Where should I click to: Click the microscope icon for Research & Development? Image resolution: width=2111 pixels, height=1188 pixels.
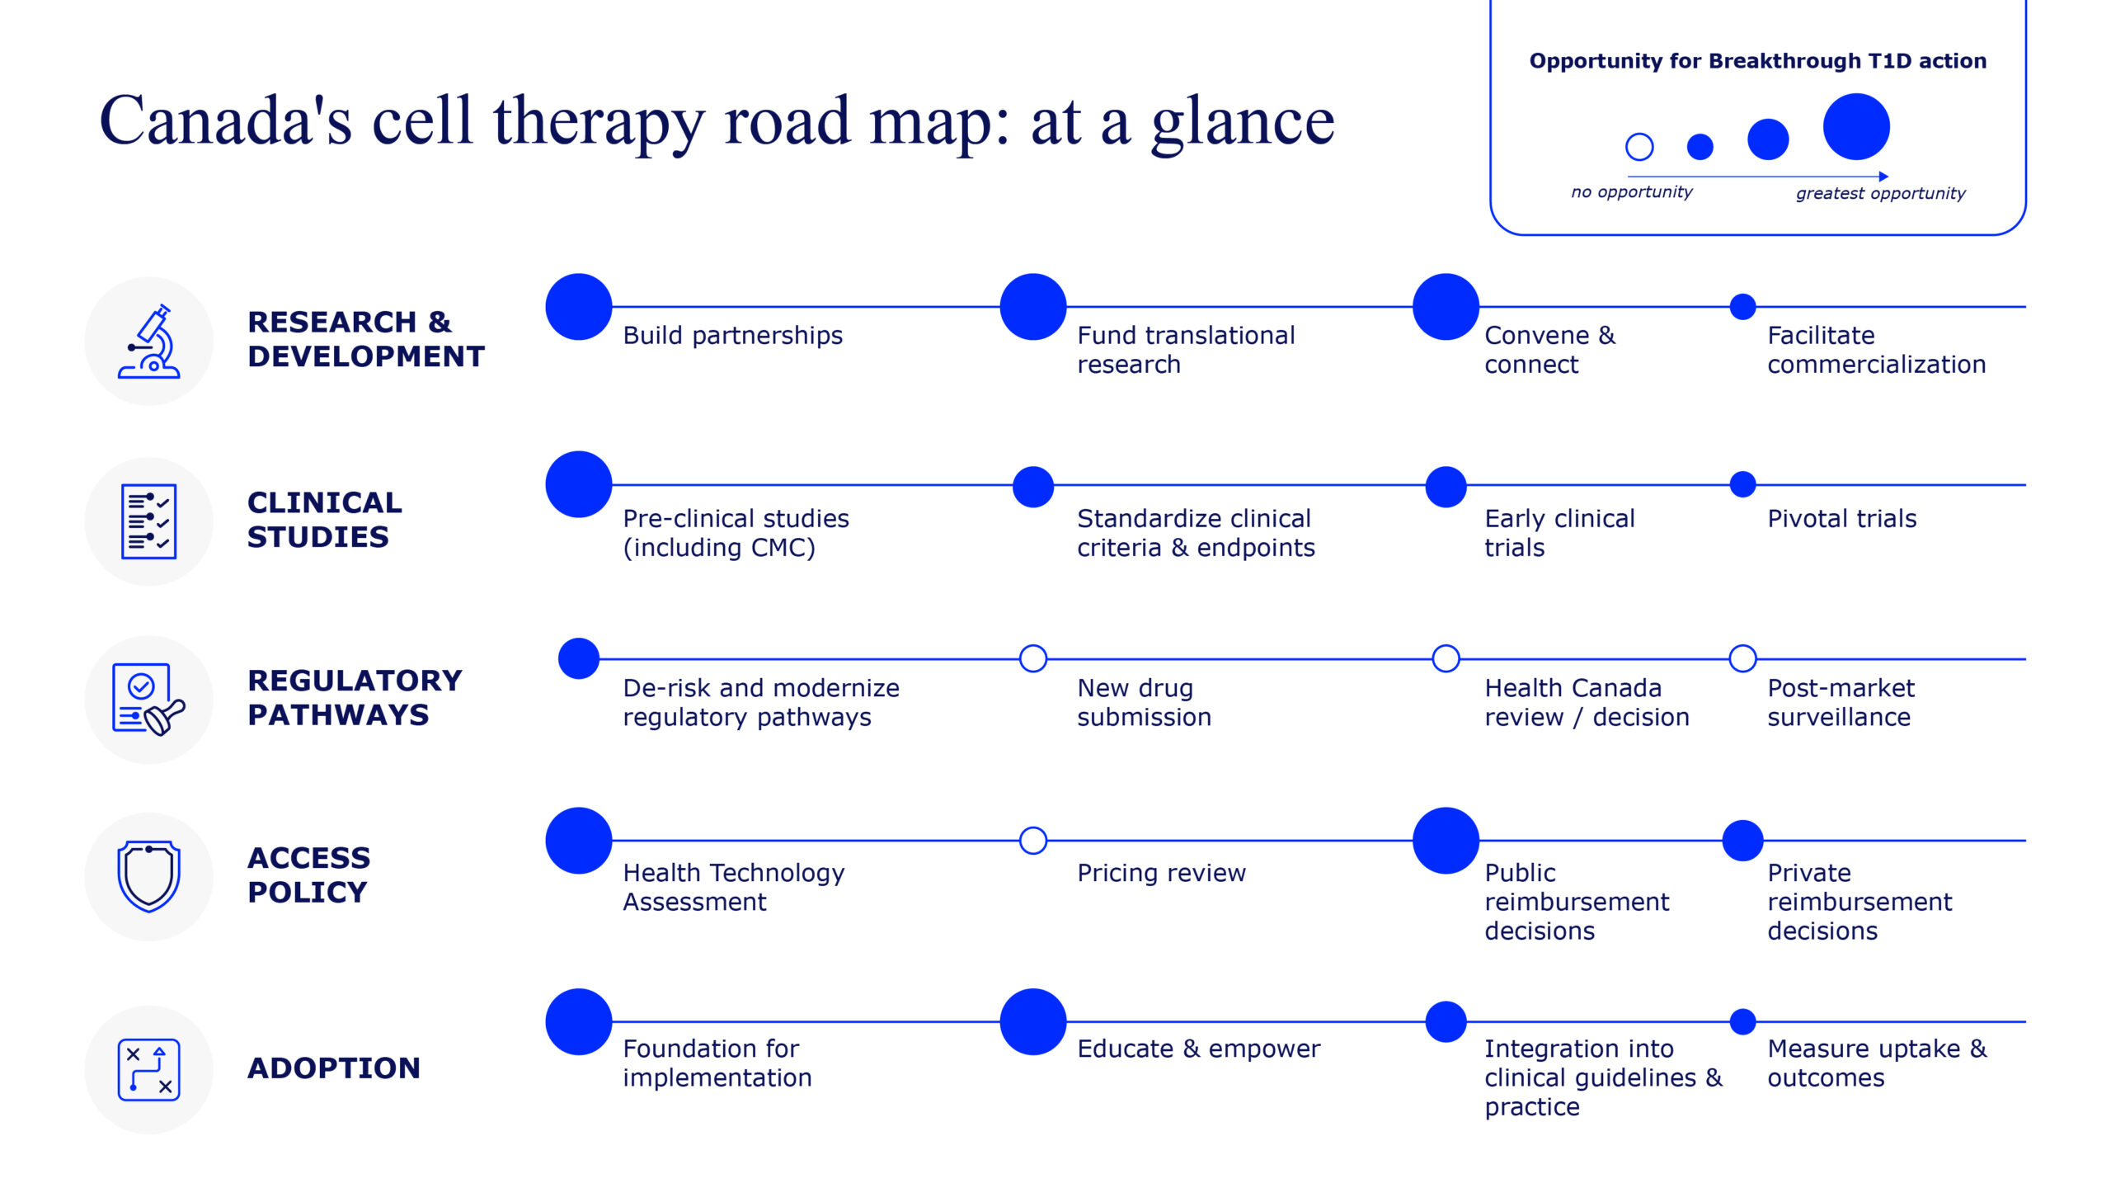[x=149, y=342]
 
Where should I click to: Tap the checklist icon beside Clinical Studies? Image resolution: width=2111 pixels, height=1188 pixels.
[x=149, y=521]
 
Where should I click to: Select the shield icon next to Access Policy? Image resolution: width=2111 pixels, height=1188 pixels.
[x=149, y=876]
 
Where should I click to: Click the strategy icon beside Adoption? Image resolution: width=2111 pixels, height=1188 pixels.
[x=149, y=1069]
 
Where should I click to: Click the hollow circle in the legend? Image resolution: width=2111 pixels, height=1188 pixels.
[x=1639, y=147]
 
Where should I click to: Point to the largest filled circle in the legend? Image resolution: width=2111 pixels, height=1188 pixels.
[x=1856, y=127]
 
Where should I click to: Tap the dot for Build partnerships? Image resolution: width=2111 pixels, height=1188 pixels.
[x=579, y=307]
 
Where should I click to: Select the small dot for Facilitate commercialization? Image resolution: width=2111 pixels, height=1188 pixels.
[x=1742, y=307]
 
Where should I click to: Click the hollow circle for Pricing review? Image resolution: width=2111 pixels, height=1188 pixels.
[x=1033, y=841]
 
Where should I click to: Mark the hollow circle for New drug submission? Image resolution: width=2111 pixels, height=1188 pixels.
[x=1033, y=658]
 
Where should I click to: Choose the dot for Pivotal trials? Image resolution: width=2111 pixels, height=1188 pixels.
[x=1742, y=484]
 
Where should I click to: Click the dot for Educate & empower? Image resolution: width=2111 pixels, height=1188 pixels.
[x=1033, y=1021]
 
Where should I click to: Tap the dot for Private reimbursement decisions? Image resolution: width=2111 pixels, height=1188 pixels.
[x=1742, y=841]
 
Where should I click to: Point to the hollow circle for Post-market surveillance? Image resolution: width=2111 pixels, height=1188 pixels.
[x=1742, y=658]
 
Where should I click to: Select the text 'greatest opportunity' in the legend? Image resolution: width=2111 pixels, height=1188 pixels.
[x=1880, y=194]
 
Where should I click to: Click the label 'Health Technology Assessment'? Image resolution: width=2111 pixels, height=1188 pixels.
[x=734, y=887]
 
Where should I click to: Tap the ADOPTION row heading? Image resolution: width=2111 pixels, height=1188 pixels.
[x=334, y=1068]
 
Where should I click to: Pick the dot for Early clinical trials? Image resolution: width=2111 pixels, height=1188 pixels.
[x=1446, y=487]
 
